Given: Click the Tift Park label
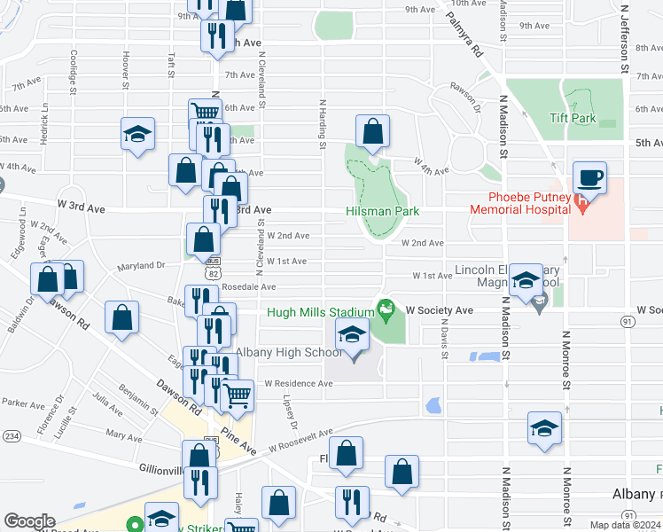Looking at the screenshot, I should coord(571,118).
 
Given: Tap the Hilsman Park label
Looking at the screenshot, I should coord(382,212).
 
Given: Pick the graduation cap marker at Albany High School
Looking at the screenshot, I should coord(352,337).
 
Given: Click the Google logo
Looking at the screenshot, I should coord(28,521).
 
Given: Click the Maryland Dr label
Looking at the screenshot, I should coord(143,264).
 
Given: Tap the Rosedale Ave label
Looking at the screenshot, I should coord(251,287).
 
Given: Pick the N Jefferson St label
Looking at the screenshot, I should coord(625,37).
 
